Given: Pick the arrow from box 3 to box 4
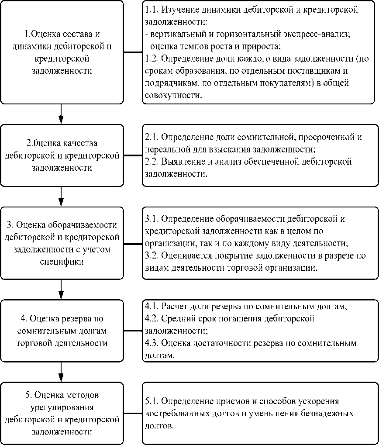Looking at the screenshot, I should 61,289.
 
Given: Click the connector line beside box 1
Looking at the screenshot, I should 133,52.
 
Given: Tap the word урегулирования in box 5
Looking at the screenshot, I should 61,407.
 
